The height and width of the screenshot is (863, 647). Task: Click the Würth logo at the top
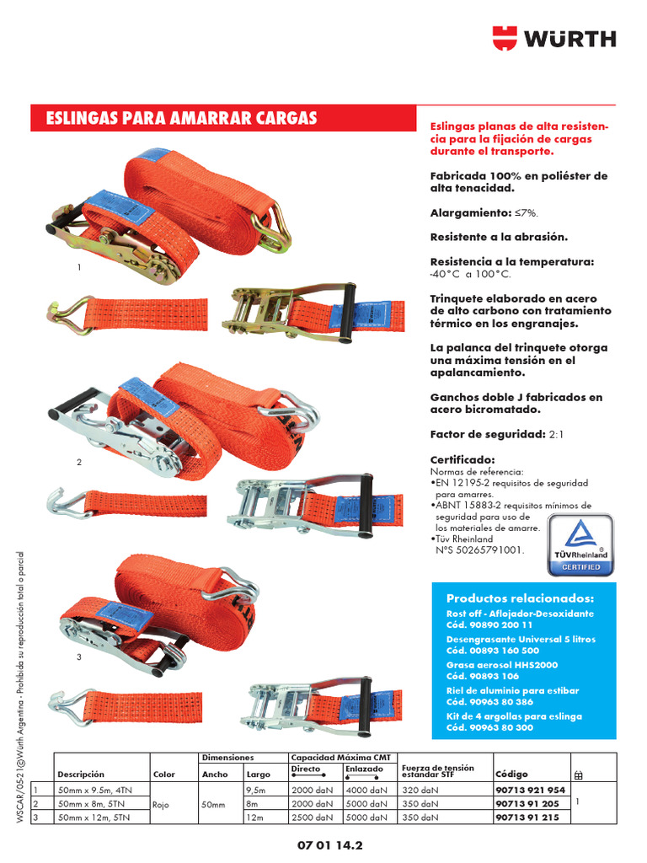point(553,38)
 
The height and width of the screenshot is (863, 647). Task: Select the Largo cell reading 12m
point(254,817)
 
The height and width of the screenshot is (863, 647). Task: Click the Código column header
point(511,773)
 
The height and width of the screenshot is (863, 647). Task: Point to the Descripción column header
point(81,774)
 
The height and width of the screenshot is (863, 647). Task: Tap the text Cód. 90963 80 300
point(489,727)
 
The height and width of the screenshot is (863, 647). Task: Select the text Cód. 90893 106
point(483,676)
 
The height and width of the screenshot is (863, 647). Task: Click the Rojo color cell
point(161,805)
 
